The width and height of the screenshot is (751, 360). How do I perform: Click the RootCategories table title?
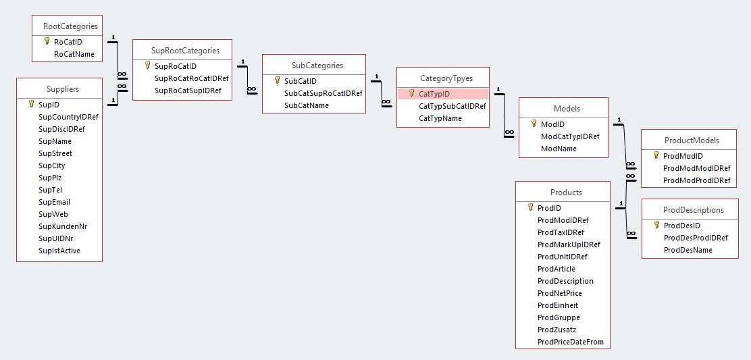[70, 26]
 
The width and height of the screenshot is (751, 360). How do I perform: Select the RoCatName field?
[74, 54]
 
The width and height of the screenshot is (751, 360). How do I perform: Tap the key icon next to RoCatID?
[47, 42]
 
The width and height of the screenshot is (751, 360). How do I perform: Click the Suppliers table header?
[62, 88]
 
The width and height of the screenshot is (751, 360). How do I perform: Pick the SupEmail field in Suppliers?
[54, 202]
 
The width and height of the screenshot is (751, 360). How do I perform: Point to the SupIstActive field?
[59, 251]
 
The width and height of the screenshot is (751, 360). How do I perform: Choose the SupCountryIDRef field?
[68, 117]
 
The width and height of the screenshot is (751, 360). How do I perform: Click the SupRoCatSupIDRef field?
[188, 91]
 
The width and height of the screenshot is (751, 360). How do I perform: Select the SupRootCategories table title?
[186, 51]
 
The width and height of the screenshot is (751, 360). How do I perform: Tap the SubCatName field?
[307, 105]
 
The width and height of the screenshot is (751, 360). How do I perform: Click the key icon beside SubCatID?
[277, 80]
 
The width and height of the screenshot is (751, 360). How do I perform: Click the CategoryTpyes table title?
[446, 78]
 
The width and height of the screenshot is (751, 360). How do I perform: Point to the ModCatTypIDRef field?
[570, 136]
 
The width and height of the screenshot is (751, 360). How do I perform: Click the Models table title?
[567, 108]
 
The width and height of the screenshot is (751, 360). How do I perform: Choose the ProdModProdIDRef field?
[697, 180]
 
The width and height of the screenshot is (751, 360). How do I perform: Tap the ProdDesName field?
[688, 250]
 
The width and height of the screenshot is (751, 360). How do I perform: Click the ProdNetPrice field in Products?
[559, 293]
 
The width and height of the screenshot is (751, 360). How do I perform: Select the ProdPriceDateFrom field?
[570, 342]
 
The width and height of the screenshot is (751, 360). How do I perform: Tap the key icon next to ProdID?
[530, 208]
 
